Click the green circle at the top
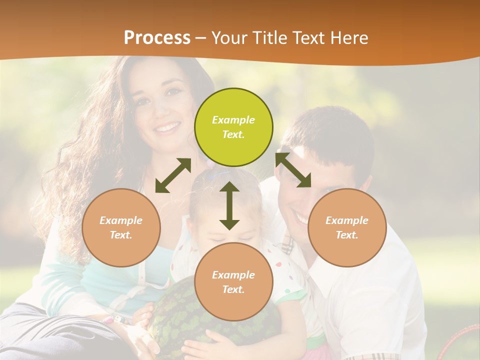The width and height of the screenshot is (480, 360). [233, 127]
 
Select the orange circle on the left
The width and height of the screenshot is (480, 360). [121, 227]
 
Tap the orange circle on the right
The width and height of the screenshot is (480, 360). [347, 227]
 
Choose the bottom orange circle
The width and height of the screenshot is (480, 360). [233, 282]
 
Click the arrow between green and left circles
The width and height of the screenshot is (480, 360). [173, 175]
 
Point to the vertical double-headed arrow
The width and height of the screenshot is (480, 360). [229, 205]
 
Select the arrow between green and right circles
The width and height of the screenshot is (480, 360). [293, 170]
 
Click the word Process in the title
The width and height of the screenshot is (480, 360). [157, 37]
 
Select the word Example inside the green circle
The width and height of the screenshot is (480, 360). [233, 120]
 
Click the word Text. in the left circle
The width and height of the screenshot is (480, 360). [121, 235]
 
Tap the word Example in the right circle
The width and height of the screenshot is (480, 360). [347, 220]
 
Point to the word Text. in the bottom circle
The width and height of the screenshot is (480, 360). [233, 289]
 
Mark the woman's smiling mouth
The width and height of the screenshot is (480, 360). [167, 127]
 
